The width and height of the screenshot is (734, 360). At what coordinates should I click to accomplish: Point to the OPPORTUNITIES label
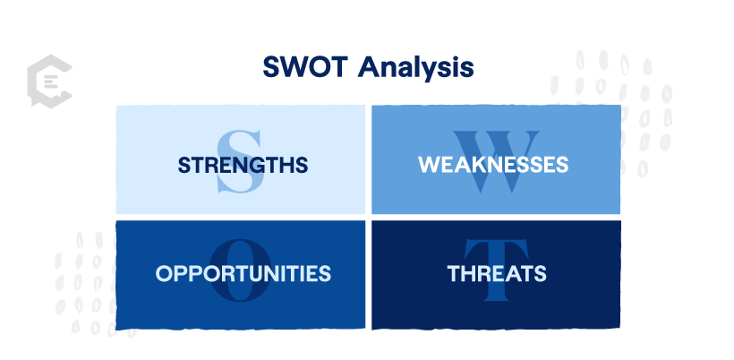point(243,273)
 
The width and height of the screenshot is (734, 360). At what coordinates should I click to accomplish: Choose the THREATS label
point(497,273)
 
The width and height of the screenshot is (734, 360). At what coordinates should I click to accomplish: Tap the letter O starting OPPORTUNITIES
point(165,273)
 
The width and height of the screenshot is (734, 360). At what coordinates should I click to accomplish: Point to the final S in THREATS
point(539,273)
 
